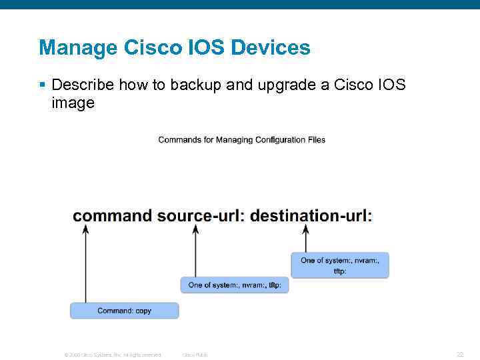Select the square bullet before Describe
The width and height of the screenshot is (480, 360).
[42, 85]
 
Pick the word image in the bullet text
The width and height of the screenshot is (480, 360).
[73, 103]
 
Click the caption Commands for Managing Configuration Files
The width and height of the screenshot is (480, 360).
[241, 140]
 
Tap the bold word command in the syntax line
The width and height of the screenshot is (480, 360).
[112, 215]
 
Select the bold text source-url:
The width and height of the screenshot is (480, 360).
[200, 215]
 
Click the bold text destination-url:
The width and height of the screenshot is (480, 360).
[311, 215]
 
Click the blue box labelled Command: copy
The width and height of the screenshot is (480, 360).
[125, 311]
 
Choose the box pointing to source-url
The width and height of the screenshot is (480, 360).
[235, 285]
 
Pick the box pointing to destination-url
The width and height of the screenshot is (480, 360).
[340, 265]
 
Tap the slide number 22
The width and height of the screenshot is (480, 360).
[459, 355]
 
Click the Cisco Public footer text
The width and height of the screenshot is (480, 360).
[195, 355]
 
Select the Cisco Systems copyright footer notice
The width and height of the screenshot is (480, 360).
[112, 355]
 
